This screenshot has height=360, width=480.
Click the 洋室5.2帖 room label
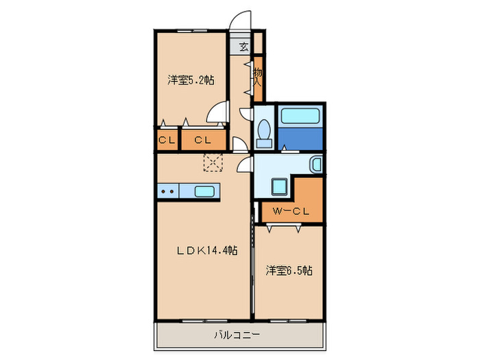pyautogui.click(x=190, y=80)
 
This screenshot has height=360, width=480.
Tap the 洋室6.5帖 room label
pyautogui.click(x=289, y=271)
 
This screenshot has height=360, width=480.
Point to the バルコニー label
pyautogui.click(x=236, y=335)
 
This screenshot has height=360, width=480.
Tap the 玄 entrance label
pyautogui.click(x=244, y=47)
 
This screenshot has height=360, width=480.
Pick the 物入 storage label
pyautogui.click(x=258, y=75)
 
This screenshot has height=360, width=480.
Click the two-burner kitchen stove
pyautogui.click(x=167, y=191)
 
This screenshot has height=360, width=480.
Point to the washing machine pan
pyautogui.click(x=279, y=186)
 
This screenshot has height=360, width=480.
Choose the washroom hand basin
pyautogui.click(x=315, y=165)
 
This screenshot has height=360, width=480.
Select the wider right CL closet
pyautogui.click(x=202, y=140)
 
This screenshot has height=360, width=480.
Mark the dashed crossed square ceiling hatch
pyautogui.click(x=214, y=162)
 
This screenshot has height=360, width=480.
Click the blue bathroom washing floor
pyautogui.click(x=300, y=139)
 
